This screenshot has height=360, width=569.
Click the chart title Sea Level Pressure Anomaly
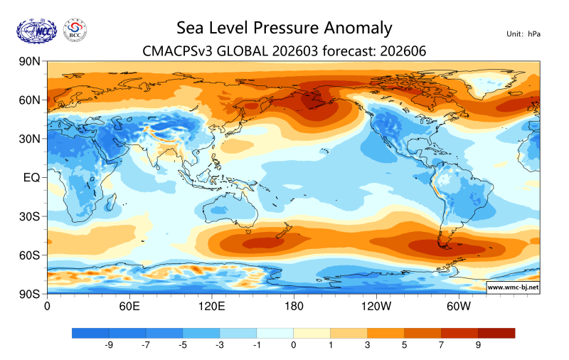(x=284, y=28)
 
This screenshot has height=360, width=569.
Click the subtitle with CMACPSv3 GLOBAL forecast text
(x=284, y=51)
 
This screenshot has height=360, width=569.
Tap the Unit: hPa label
(x=523, y=33)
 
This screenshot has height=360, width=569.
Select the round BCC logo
(x=75, y=30)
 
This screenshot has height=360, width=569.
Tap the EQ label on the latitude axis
(x=31, y=177)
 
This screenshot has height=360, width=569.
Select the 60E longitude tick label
(x=129, y=306)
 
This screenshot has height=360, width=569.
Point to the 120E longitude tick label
(x=211, y=306)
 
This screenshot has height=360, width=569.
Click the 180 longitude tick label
(x=294, y=306)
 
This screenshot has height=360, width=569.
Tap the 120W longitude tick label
(x=376, y=306)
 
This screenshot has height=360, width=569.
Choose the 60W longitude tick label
(x=459, y=306)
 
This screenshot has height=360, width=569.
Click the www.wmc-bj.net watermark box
(x=512, y=287)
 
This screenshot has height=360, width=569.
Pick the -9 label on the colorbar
(x=109, y=344)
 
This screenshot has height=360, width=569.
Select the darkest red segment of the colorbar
(x=496, y=332)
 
